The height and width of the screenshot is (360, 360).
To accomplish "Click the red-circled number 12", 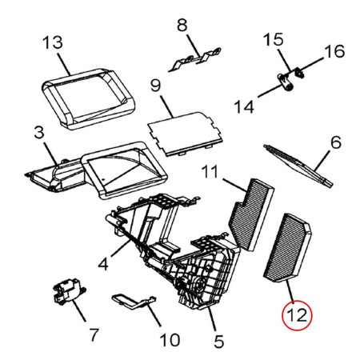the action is pos(297,316).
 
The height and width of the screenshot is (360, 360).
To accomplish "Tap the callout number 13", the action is pos(53,42).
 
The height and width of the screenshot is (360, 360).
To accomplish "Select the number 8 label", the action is pos(182,26).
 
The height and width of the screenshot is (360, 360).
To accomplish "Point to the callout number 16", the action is pos(334,51).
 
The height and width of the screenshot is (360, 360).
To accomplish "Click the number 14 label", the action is pos(244,106).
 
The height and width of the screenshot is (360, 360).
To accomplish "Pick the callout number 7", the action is pos(94,334).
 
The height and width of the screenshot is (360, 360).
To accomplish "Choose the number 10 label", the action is pos(170,340).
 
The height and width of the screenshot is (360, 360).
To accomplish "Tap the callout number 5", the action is pos(218,342).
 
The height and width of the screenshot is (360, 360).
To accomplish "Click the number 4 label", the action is pos(103,264).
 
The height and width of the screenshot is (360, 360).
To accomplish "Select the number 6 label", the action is pos(336,142).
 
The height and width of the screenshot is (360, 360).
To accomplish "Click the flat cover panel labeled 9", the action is pos(186,134).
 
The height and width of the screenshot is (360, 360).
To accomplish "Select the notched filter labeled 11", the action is pos(251,214).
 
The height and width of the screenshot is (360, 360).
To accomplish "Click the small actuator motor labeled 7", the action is pos(67,291).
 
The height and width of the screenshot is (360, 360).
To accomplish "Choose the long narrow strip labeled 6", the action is pos(298,166).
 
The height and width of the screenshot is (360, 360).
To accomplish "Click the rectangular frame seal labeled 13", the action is pos(88,98).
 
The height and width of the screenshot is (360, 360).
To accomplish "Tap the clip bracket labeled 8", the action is pos(194,59).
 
